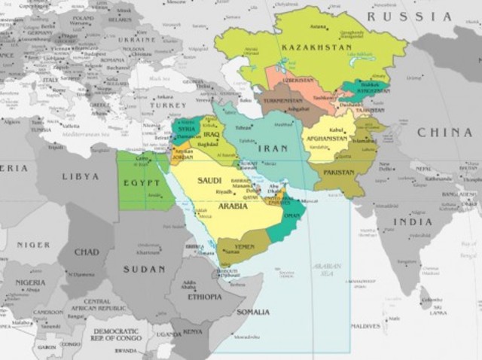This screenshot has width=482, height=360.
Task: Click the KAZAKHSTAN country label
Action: [x=316, y=47]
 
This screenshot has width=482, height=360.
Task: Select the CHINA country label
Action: [x=444, y=133]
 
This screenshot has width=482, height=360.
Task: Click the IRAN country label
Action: [x=272, y=149]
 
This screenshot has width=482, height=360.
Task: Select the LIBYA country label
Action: [x=80, y=176]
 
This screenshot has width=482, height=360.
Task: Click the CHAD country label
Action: [x=86, y=252]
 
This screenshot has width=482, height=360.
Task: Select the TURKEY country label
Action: [x=167, y=105]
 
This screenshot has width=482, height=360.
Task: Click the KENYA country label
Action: [x=194, y=331]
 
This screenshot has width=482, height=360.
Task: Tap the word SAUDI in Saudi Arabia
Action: [x=209, y=181]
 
